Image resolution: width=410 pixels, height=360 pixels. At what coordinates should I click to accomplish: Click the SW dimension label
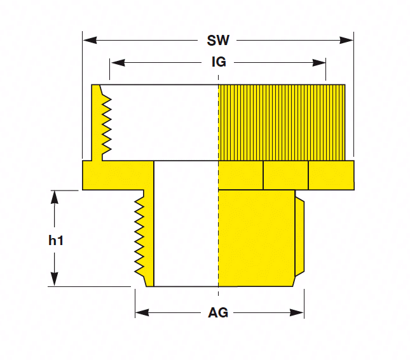(217, 41)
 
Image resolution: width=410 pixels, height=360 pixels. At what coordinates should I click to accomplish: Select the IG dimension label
(219, 62)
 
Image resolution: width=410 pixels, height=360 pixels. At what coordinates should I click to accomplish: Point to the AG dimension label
(218, 313)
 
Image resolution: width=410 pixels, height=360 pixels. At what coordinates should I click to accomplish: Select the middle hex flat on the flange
(285, 175)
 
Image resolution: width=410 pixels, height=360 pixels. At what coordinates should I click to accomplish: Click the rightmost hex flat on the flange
(331, 175)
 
